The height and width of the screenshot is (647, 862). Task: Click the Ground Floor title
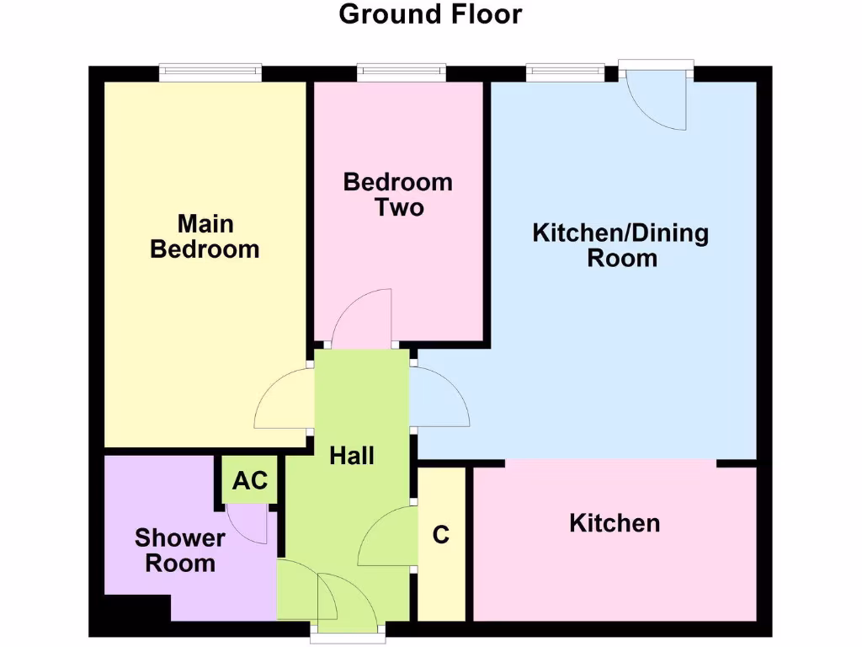click(430, 14)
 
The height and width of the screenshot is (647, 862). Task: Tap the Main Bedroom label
click(205, 237)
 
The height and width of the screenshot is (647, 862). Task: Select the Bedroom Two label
click(398, 195)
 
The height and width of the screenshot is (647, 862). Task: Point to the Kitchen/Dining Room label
click(621, 245)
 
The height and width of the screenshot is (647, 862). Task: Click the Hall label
click(352, 456)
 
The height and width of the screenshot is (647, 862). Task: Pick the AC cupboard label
click(250, 480)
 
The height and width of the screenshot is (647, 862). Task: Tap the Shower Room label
click(180, 550)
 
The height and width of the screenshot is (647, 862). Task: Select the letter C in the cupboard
click(441, 535)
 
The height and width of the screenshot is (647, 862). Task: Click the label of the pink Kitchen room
click(615, 523)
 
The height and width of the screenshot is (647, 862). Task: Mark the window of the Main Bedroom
click(210, 73)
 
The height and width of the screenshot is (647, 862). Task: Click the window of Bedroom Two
click(402, 73)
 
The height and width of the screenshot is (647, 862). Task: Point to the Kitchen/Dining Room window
click(566, 73)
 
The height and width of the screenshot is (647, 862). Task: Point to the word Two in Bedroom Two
click(399, 207)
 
